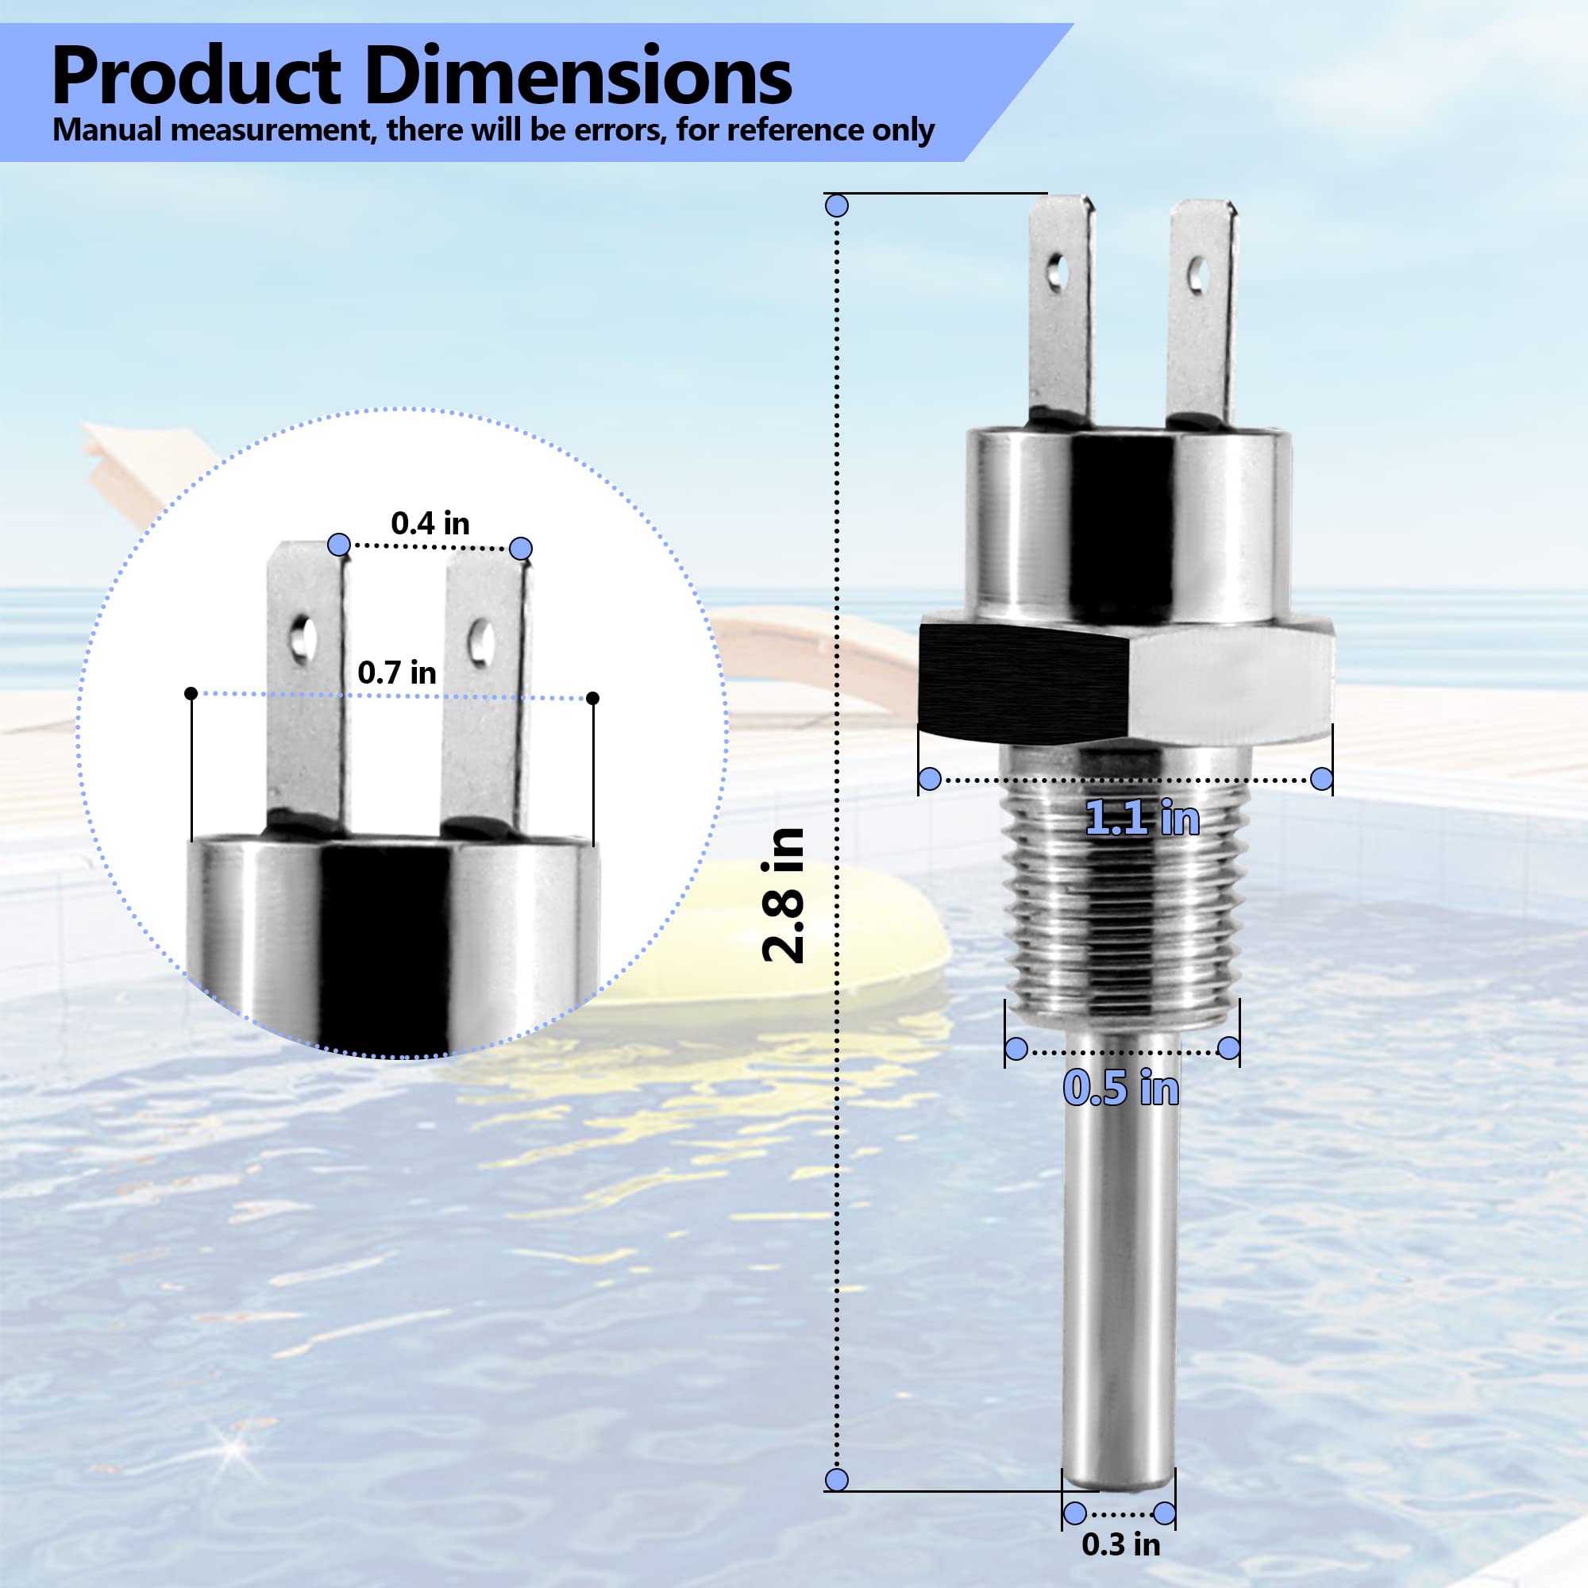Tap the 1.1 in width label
(x=1142, y=819)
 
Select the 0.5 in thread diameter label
(x=1120, y=1089)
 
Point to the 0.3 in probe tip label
(x=1120, y=1544)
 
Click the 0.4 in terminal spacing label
(x=430, y=523)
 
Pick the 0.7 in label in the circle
(x=397, y=673)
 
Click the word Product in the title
(x=195, y=76)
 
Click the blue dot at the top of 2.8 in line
(x=837, y=206)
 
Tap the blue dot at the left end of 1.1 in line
(x=930, y=778)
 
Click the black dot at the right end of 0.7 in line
(x=592, y=698)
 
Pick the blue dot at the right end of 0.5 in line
(x=1228, y=1048)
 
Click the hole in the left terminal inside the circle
(x=305, y=634)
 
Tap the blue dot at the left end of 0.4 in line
(x=339, y=544)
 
